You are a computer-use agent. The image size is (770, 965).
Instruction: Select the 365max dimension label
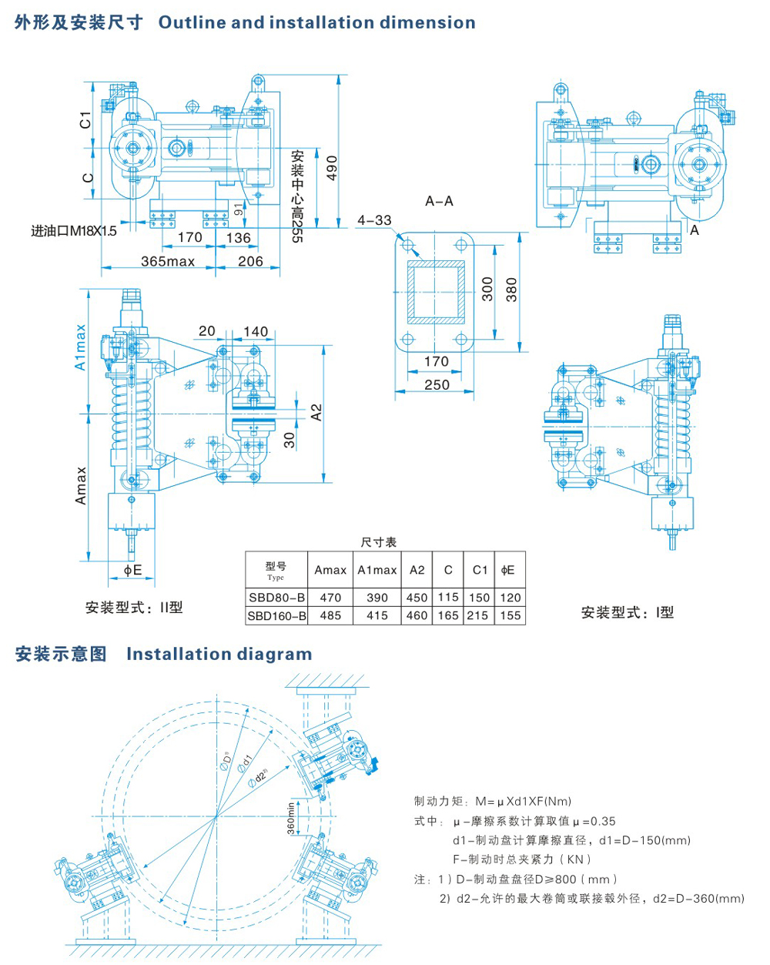click(168, 261)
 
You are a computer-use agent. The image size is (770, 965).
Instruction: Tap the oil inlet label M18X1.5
click(74, 230)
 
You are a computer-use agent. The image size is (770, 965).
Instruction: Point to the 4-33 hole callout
click(374, 220)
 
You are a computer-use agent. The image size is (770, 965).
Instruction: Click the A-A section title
click(439, 201)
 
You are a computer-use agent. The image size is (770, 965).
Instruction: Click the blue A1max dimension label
click(81, 347)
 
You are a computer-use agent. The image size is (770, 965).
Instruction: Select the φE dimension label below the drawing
click(133, 570)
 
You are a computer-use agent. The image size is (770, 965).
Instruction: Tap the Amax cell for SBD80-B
click(330, 597)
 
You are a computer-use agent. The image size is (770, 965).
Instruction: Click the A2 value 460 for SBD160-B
click(417, 615)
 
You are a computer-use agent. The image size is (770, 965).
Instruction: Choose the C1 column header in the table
click(480, 570)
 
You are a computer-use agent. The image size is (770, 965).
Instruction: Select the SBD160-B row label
click(276, 615)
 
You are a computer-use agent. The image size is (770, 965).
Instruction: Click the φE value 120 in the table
click(510, 597)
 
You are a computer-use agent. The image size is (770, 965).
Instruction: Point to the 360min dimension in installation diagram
click(291, 818)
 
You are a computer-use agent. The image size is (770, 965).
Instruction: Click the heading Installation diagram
click(219, 654)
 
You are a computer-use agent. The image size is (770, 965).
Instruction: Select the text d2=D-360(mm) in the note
click(698, 898)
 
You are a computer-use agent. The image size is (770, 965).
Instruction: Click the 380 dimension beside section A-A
click(511, 290)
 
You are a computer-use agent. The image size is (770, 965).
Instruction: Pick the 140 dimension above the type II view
click(256, 331)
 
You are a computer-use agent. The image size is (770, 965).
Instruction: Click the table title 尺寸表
click(378, 542)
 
